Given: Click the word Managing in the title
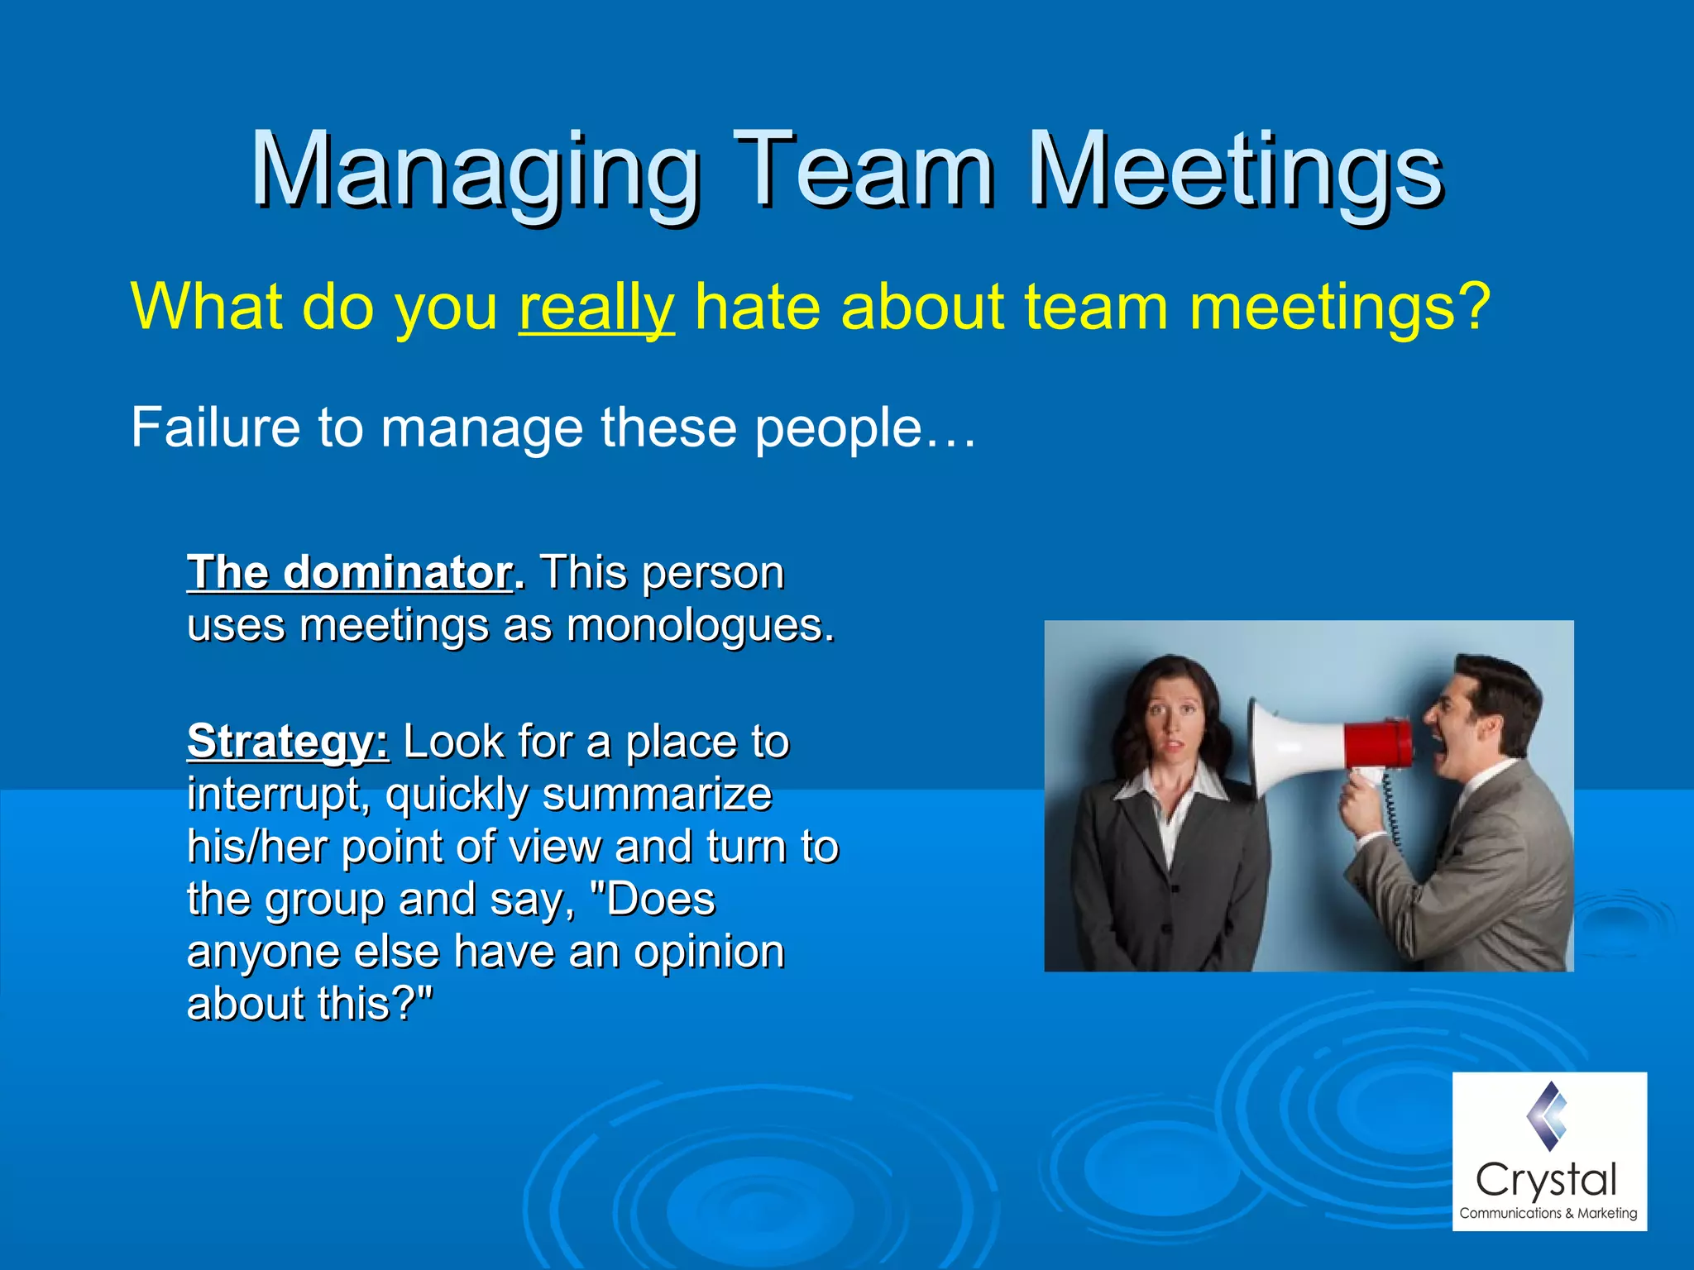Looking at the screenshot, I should pyautogui.click(x=476, y=172).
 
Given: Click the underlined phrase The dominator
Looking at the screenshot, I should pyautogui.click(x=350, y=572).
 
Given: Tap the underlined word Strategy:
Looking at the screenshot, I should pyautogui.click(x=287, y=741).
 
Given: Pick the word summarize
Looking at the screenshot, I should pyautogui.click(x=658, y=795).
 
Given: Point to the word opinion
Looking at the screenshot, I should pyautogui.click(x=709, y=952).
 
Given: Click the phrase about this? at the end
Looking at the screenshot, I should pyautogui.click(x=309, y=1004).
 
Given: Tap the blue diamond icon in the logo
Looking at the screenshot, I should pyautogui.click(x=1548, y=1116).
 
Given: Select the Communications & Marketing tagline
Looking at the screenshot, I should pyautogui.click(x=1548, y=1213).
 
